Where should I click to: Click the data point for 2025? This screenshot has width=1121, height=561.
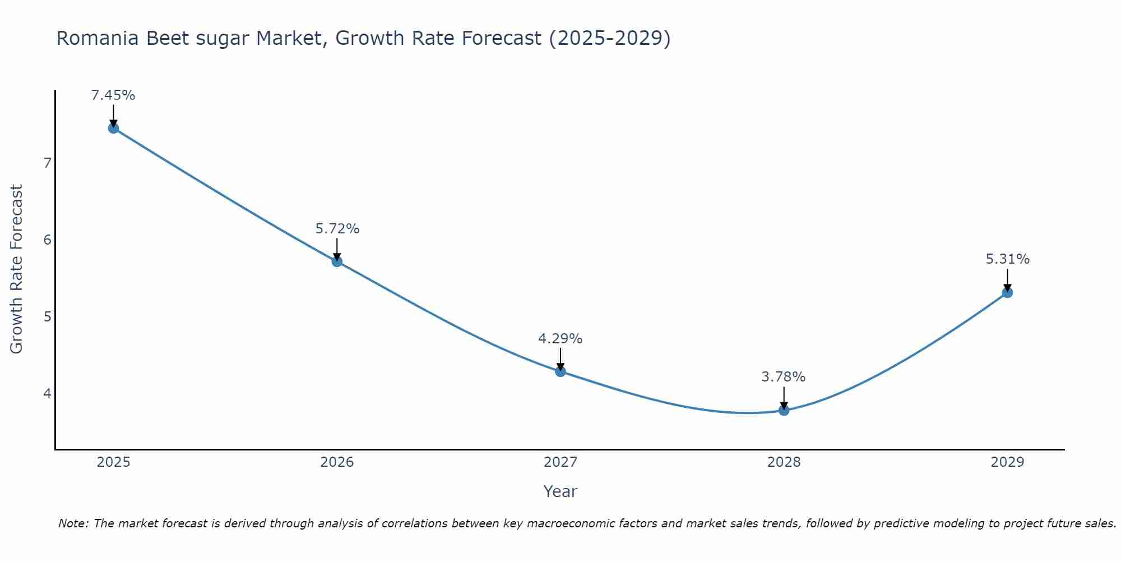click(x=113, y=128)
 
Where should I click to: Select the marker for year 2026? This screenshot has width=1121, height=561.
click(x=337, y=261)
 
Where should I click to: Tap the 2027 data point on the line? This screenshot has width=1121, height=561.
click(x=560, y=371)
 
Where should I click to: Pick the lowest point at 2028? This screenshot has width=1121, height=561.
click(x=784, y=410)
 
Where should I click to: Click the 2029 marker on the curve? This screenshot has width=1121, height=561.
click(x=1007, y=292)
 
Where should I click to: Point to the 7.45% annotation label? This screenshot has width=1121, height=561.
click(x=113, y=95)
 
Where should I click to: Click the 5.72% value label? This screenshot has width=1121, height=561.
click(x=337, y=229)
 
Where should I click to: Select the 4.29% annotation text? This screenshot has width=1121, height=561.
click(x=560, y=339)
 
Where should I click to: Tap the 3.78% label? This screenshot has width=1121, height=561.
click(x=784, y=377)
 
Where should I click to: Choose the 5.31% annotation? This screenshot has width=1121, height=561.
click(x=1007, y=259)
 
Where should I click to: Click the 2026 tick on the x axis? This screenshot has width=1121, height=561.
click(x=337, y=462)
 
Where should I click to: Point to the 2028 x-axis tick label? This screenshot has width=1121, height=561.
click(x=784, y=462)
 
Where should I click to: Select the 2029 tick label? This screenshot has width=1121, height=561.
click(x=1007, y=462)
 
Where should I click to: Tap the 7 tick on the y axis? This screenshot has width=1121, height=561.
click(x=47, y=163)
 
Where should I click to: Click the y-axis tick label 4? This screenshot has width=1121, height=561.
click(x=47, y=393)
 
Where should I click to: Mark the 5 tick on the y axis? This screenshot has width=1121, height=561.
click(x=47, y=316)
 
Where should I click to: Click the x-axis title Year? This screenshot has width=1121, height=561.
click(x=560, y=491)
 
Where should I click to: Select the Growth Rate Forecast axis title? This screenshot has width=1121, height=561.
click(x=17, y=269)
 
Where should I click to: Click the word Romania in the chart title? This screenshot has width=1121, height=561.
click(x=98, y=38)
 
